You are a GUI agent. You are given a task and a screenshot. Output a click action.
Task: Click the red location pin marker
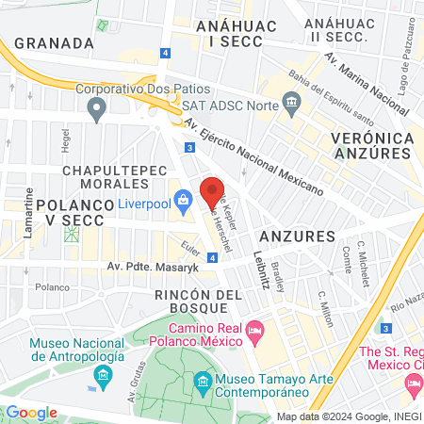[x=212, y=193]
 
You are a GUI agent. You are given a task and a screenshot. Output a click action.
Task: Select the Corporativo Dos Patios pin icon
[x=95, y=111]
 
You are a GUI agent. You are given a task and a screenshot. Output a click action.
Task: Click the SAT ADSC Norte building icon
[x=292, y=101]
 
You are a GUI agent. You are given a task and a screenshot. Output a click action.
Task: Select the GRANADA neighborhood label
[x=53, y=42]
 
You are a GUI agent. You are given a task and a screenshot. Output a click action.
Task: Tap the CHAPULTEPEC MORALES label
[x=114, y=177]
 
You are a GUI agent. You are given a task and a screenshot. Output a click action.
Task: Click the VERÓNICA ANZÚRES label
[x=373, y=145]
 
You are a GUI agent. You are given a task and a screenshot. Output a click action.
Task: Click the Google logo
[x=31, y=412]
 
